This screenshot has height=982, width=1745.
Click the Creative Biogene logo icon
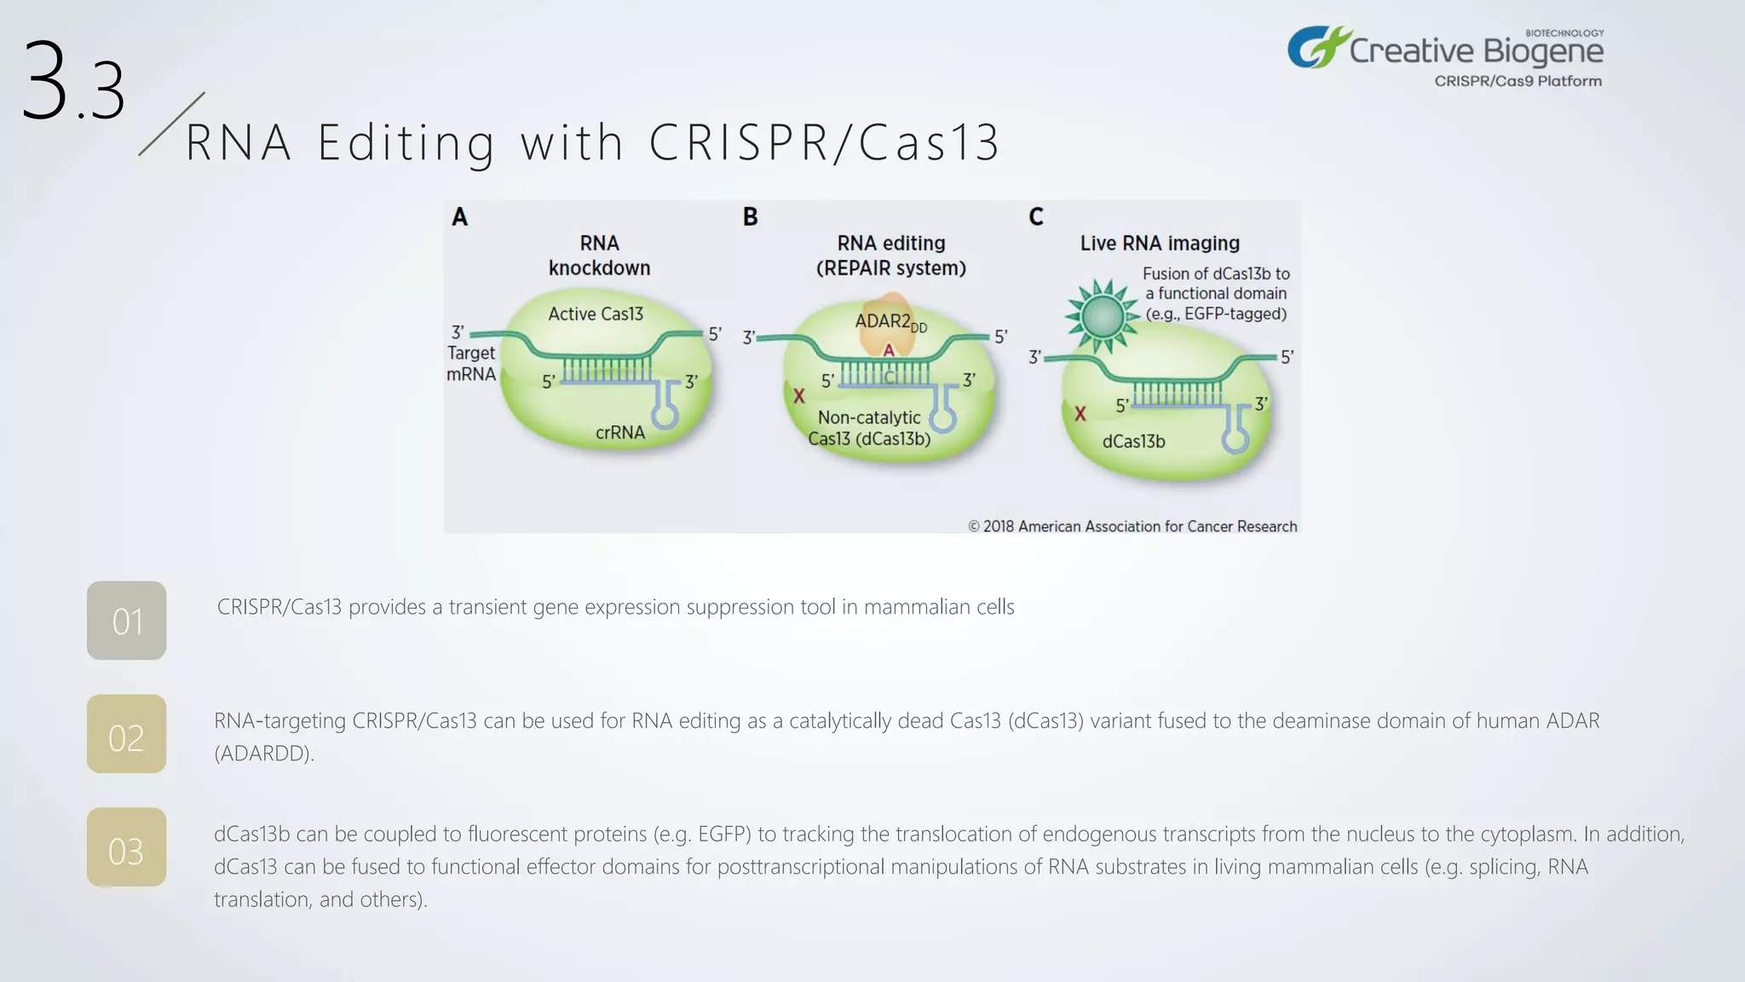[1316, 47]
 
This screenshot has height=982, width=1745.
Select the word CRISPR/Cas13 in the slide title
[824, 142]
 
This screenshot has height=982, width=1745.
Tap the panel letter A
[459, 217]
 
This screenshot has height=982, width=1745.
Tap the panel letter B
[750, 217]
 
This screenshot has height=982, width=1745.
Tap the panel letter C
[1036, 217]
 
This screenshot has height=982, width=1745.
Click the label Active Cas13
[596, 314]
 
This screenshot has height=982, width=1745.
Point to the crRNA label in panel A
[620, 432]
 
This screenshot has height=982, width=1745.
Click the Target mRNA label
[471, 363]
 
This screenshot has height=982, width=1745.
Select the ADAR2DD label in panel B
[890, 322]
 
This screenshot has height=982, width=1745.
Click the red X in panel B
[799, 396]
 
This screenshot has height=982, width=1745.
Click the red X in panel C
[1080, 413]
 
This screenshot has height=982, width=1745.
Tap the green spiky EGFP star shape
[1103, 316]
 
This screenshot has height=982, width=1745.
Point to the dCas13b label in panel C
[1133, 442]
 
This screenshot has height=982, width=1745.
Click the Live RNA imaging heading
[1160, 243]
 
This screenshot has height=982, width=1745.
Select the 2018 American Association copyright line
[1132, 526]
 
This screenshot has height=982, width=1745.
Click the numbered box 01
[126, 621]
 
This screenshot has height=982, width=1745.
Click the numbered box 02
[126, 734]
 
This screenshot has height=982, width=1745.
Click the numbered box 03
[126, 847]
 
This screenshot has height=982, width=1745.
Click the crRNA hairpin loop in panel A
[665, 415]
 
